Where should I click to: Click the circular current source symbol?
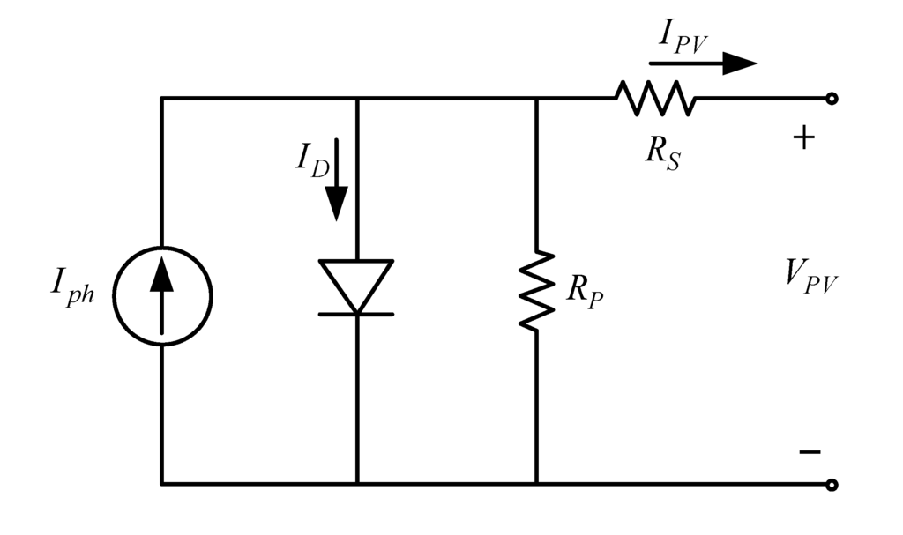161,294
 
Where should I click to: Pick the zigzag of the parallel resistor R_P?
536,291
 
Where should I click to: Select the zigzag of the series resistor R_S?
655,98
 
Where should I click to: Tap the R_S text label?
662,152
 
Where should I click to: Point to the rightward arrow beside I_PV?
703,63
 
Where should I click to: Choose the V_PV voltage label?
810,277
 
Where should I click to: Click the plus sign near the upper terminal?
803,138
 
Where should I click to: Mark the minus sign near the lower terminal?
809,451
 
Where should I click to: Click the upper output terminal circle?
831,99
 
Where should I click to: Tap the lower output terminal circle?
831,484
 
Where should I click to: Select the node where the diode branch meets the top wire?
356,99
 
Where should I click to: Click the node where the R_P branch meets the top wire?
536,99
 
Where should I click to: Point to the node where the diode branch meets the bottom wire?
356,484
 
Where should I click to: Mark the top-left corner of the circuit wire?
161,99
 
